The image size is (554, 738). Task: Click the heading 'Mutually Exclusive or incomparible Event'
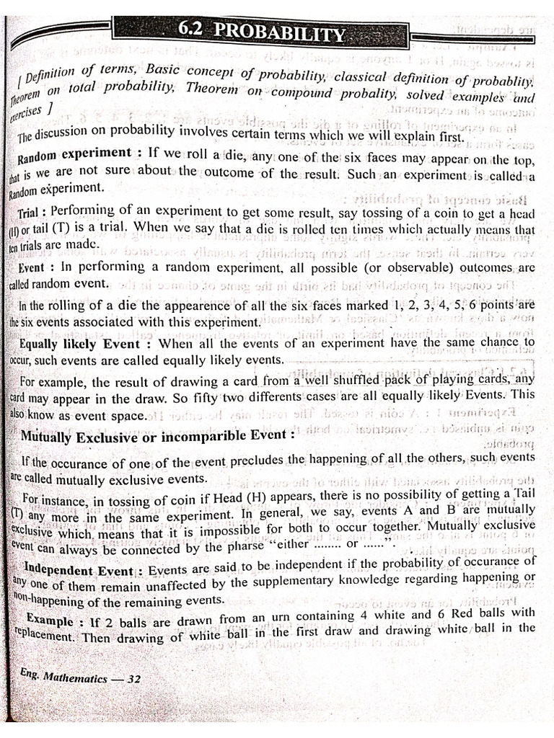(158, 436)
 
